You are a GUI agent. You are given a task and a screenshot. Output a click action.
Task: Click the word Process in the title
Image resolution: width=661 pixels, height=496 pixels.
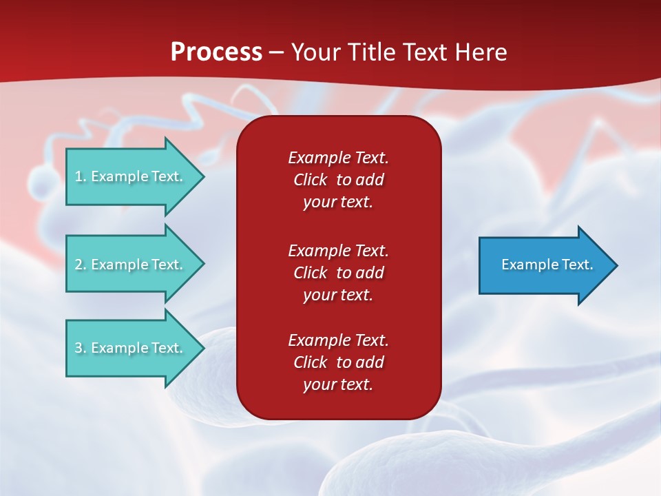(x=216, y=52)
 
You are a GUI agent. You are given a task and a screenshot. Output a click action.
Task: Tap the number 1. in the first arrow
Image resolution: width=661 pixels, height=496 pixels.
(x=81, y=176)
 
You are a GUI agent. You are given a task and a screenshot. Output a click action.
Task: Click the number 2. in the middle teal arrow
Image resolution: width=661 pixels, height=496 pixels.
(x=81, y=265)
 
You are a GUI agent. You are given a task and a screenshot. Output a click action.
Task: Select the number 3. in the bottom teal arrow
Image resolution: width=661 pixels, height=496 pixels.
(x=81, y=348)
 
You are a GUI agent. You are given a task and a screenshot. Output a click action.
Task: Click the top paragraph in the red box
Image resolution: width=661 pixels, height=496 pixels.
(x=338, y=180)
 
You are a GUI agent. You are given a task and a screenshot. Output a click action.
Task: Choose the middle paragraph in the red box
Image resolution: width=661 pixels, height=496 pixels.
(x=338, y=273)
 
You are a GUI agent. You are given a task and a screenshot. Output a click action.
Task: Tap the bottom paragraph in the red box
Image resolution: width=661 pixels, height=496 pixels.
(x=338, y=362)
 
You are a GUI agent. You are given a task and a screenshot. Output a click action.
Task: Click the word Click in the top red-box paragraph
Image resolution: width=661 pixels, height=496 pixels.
(x=310, y=180)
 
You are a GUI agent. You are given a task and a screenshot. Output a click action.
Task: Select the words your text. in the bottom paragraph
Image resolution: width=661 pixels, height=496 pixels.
(x=338, y=384)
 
